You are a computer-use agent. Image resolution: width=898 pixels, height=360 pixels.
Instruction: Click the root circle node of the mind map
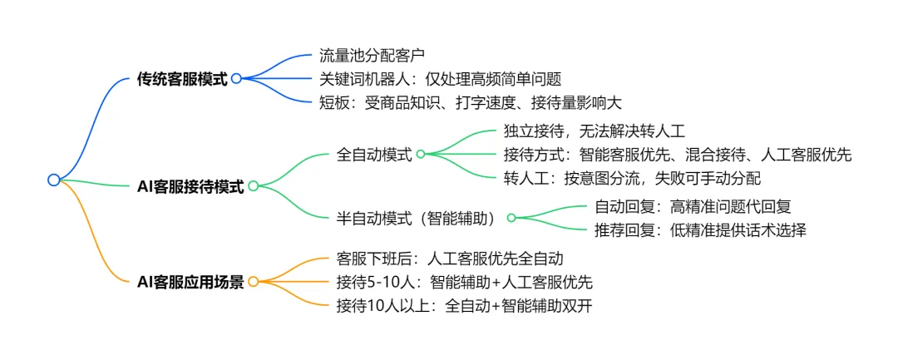(x=54, y=180)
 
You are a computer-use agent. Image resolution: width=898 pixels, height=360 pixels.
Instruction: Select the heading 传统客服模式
(x=182, y=80)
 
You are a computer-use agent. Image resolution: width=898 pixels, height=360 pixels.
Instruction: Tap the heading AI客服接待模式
(x=190, y=187)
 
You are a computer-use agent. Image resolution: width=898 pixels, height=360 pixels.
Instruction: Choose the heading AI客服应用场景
(x=190, y=282)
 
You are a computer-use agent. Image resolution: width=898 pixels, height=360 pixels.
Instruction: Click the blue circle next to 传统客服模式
(x=236, y=79)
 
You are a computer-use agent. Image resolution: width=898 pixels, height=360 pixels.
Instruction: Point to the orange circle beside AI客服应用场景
(x=253, y=282)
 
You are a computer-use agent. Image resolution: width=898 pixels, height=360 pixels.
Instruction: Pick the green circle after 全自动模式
(x=421, y=155)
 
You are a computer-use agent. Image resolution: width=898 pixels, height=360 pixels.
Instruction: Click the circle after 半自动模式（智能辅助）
(x=511, y=218)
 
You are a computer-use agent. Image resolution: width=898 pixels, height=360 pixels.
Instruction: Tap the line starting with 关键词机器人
(x=441, y=80)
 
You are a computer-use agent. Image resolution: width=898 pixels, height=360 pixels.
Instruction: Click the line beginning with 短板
(x=470, y=102)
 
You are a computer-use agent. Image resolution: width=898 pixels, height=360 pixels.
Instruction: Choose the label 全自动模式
(x=374, y=155)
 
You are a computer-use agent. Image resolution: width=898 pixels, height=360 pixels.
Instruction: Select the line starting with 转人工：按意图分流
(x=632, y=178)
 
